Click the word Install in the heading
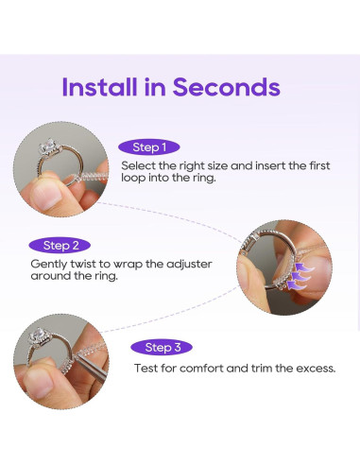(x=99, y=87)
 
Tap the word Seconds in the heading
(x=227, y=87)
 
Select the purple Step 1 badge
(x=149, y=147)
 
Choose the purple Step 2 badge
(x=60, y=246)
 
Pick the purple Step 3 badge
(x=162, y=348)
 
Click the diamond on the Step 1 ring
(x=48, y=146)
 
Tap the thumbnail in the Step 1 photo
(x=47, y=197)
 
